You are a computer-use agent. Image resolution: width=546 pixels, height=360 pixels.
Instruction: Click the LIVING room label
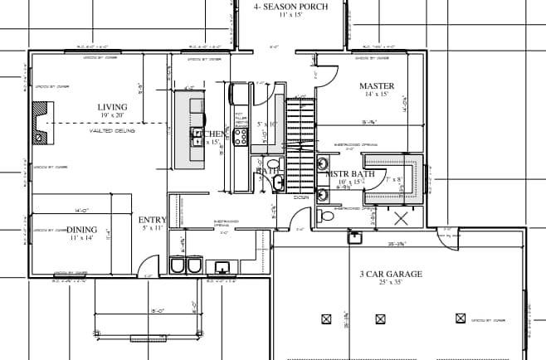click(113, 107)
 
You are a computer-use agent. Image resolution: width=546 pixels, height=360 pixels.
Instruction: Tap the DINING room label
click(81, 229)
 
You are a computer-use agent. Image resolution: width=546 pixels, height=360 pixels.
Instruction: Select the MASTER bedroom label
click(376, 86)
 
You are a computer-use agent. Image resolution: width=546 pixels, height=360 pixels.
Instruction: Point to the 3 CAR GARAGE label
click(391, 274)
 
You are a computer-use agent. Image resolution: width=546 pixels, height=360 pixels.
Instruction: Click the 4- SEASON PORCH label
click(290, 7)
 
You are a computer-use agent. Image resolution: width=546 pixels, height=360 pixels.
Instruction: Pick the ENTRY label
click(153, 220)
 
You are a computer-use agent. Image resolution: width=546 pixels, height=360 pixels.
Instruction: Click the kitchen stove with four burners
click(241, 138)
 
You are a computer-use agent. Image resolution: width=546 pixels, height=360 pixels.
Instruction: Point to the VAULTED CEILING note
click(113, 130)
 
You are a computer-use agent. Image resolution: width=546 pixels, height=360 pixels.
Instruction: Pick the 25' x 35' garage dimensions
click(391, 283)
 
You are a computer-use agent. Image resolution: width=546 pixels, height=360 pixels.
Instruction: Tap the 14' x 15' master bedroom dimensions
click(376, 95)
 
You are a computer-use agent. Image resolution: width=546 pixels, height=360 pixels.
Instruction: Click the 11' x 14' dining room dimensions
click(81, 238)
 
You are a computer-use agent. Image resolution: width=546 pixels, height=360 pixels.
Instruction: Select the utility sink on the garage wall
click(355, 237)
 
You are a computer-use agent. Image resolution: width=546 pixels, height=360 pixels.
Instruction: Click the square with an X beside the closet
click(402, 219)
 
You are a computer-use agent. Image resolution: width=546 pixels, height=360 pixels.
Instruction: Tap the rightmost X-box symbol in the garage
click(461, 318)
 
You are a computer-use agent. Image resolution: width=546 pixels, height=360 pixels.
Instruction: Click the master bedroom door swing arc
click(325, 73)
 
